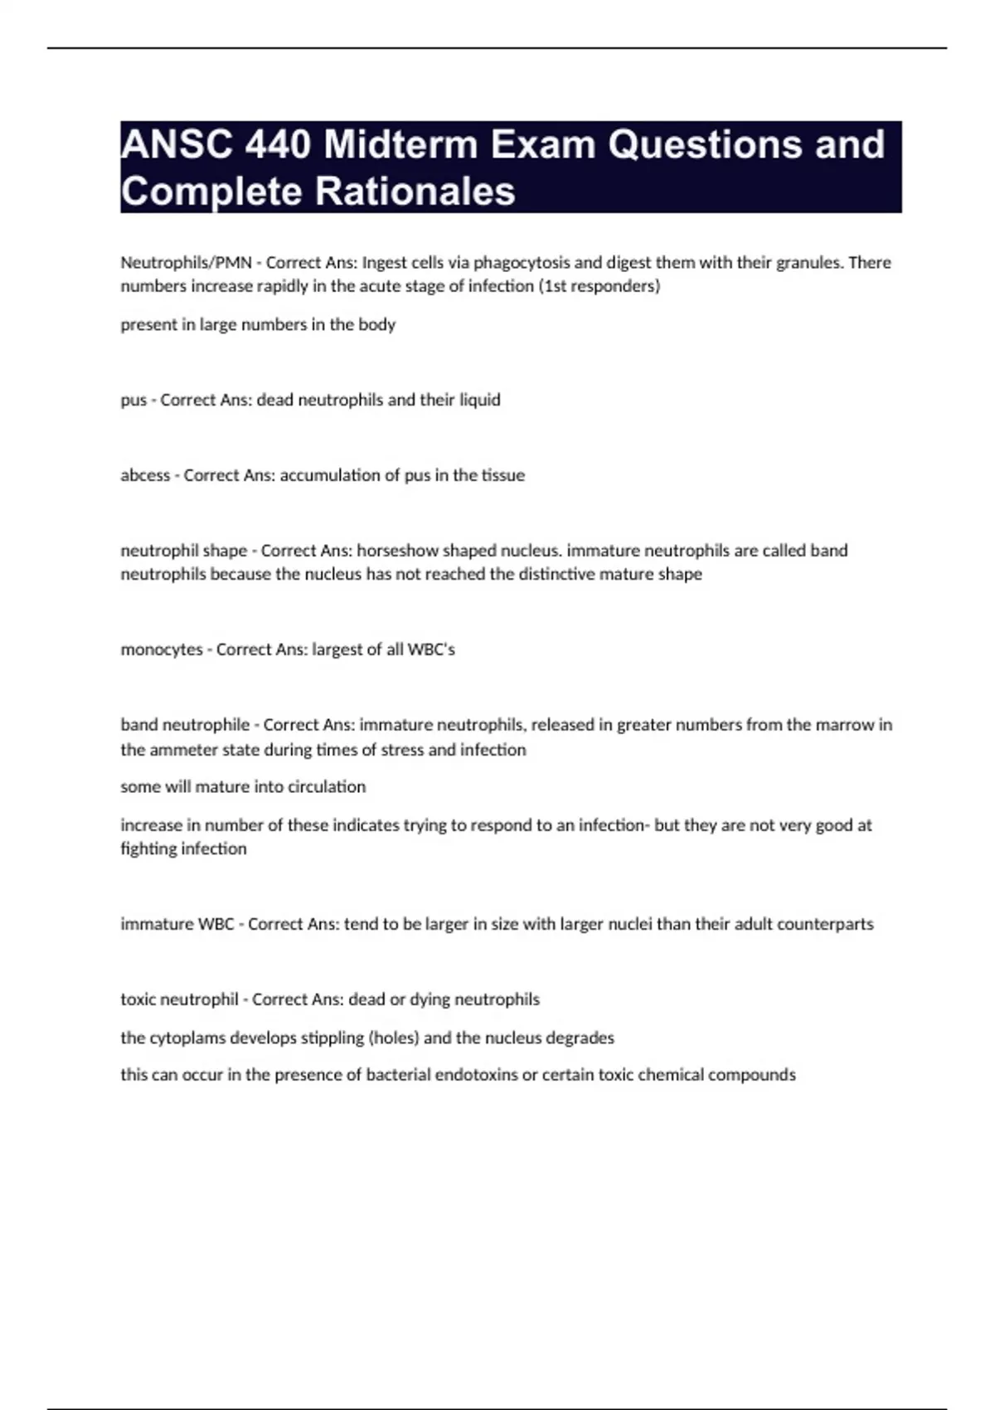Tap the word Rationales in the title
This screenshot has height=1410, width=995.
click(x=415, y=191)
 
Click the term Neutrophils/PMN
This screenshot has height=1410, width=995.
click(x=186, y=263)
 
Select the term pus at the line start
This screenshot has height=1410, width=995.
click(x=133, y=401)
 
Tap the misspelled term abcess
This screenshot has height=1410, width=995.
click(x=145, y=475)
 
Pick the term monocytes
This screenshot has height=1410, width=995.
click(x=162, y=649)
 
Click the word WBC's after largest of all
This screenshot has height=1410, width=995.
click(x=431, y=649)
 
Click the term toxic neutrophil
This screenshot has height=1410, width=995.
click(x=179, y=999)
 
